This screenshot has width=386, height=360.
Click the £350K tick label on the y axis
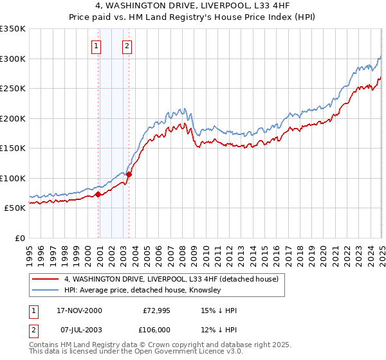(12, 29)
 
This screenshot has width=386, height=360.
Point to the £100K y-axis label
(12, 178)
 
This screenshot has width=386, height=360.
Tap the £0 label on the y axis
(19, 238)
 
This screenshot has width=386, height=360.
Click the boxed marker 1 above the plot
(96, 46)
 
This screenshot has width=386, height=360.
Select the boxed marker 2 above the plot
(127, 46)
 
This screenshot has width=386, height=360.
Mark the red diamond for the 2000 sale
(98, 194)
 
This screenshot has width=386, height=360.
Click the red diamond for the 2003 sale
(129, 174)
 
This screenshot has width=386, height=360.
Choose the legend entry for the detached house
(170, 280)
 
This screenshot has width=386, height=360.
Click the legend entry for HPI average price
(142, 291)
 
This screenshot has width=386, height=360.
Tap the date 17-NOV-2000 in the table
(79, 310)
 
